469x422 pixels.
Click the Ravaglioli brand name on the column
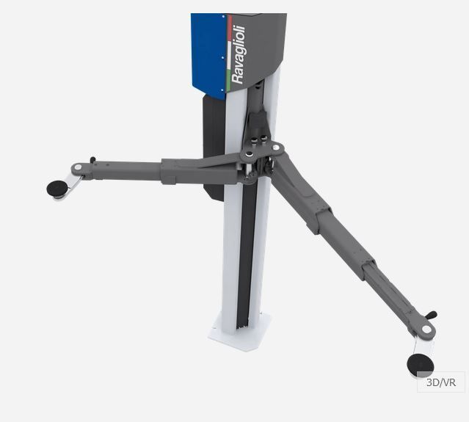pos(239,54)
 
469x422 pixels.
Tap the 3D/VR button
pos(441,382)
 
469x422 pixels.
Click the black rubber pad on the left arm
pos(57,189)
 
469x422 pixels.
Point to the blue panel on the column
pos(208,55)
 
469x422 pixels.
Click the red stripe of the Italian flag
pos(230,27)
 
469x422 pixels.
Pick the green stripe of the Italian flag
pos(229,80)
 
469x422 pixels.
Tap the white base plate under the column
pos(240,332)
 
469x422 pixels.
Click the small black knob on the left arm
pos(93,160)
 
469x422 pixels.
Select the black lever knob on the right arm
pos(432,315)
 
